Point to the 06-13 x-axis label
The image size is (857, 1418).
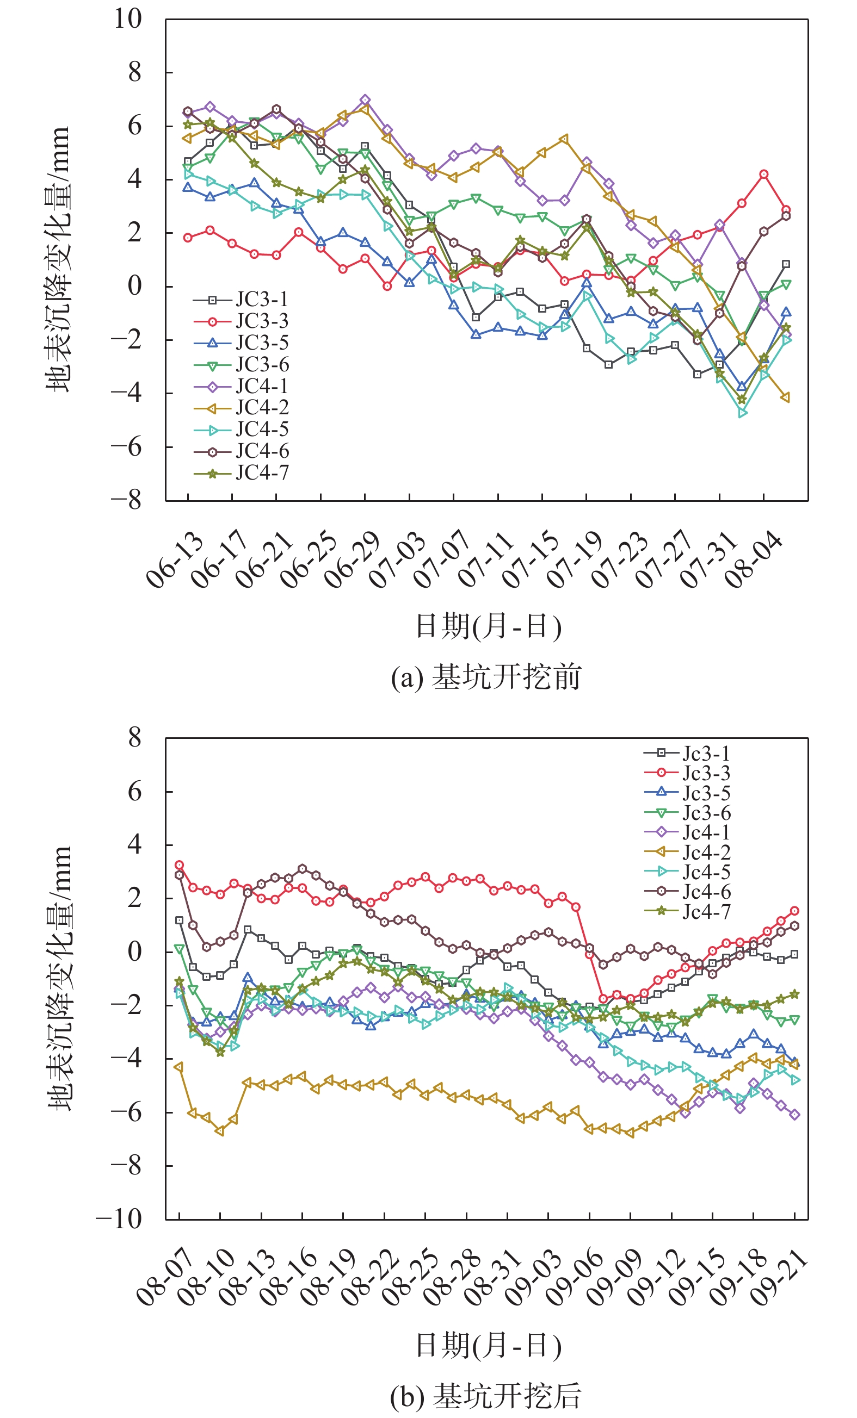(175, 561)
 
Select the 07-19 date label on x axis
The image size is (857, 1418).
(574, 561)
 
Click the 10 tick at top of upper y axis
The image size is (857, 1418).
(127, 19)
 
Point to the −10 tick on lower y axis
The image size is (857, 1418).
(119, 1219)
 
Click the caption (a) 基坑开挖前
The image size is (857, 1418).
(485, 677)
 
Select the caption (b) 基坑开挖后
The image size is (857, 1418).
(485, 1396)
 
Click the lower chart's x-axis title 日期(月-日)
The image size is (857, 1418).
(488, 1346)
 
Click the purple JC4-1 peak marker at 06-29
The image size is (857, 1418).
(365, 100)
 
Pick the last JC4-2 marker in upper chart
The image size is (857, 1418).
(786, 397)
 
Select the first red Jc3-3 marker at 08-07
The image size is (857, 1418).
(179, 865)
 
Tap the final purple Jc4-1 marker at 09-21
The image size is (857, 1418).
(795, 1115)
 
